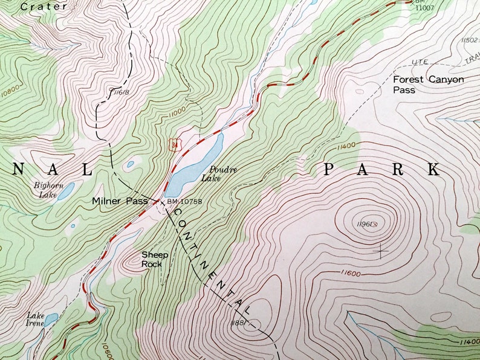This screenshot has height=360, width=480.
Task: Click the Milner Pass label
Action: coord(120,201)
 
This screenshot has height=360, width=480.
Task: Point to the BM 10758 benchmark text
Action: coord(184,201)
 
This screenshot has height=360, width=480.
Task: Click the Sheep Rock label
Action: coord(155,259)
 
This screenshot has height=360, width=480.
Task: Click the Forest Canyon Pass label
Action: coord(428,85)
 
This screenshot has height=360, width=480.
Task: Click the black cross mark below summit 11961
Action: coord(381,249)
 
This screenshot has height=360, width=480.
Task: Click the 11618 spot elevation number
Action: coord(120,92)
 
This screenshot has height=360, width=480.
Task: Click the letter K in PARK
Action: coord(433,170)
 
